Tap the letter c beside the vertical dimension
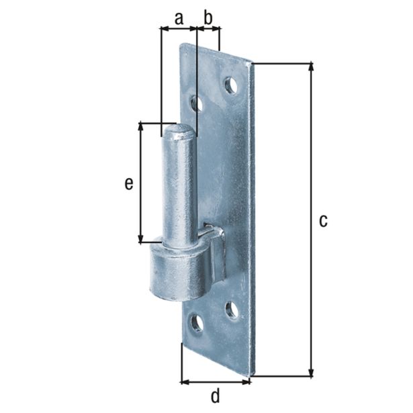click(x=323, y=220)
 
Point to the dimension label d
click(x=215, y=396)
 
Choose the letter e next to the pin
click(x=128, y=183)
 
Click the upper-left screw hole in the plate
click(x=197, y=103)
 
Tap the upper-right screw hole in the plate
click(x=231, y=85)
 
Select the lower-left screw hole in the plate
click(x=197, y=323)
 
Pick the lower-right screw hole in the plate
click(x=232, y=309)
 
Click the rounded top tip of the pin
click(x=179, y=131)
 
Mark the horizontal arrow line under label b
click(x=208, y=29)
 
